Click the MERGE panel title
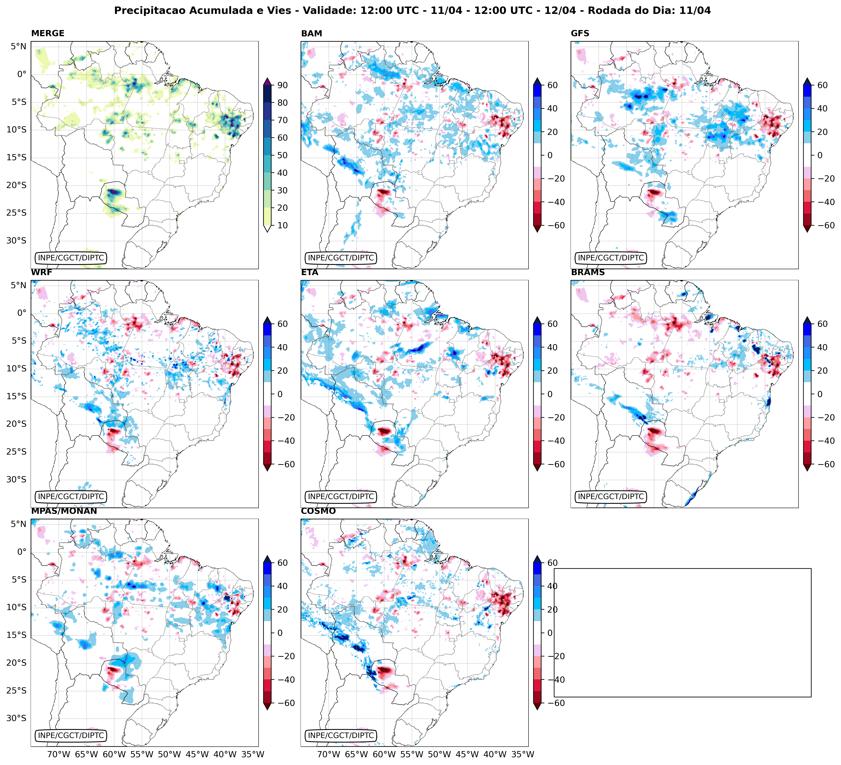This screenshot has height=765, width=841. click(48, 33)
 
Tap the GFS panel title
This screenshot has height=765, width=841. click(580, 33)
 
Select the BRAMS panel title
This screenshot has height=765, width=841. click(588, 272)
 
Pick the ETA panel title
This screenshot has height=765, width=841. click(310, 272)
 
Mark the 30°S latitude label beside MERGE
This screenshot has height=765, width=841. click(16, 241)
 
